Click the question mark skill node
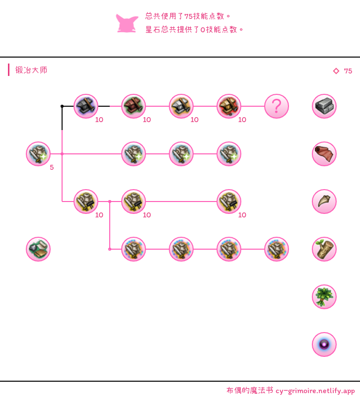[x=277, y=106]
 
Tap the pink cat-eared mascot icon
[x=127, y=23]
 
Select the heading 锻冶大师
[x=31, y=70]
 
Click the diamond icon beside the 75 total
[x=336, y=71]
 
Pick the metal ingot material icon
[x=324, y=106]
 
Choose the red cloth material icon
[x=324, y=154]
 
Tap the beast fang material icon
[x=324, y=202]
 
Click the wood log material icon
[x=324, y=249]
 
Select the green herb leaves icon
[x=324, y=297]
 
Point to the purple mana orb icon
[x=324, y=344]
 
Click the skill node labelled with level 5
[x=38, y=154]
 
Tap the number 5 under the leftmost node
[x=52, y=167]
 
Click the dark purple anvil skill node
[x=86, y=106]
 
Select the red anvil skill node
[x=134, y=106]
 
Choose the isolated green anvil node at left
[x=38, y=249]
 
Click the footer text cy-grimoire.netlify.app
[x=315, y=391]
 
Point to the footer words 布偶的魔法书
[x=250, y=391]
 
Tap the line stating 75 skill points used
[x=188, y=16]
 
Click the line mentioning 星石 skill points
[x=194, y=30]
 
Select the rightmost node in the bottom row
[x=277, y=249]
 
